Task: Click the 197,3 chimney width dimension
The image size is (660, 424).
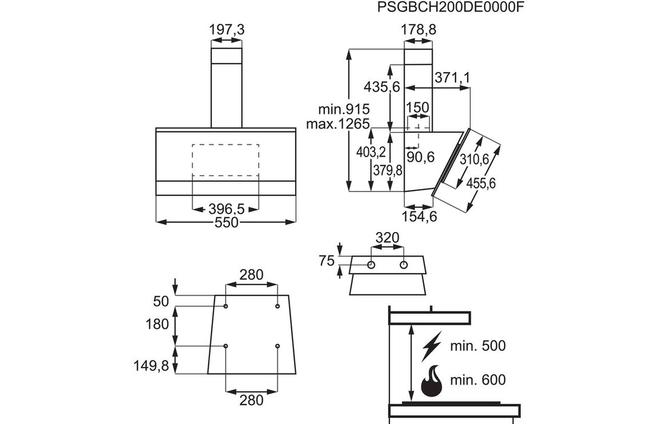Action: coord(226,28)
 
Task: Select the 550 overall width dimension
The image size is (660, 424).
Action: coord(226,223)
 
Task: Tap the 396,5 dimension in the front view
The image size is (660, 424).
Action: coord(226,210)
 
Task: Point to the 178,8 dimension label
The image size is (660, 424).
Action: coord(419,28)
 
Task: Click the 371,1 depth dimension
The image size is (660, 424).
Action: coord(452,78)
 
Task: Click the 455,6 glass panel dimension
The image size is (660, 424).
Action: coord(482,182)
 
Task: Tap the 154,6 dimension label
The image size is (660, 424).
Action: coord(420,216)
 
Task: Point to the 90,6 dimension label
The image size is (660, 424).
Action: coord(420,157)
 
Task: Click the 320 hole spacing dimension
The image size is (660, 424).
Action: coord(387,238)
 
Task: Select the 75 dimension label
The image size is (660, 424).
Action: coord(327,261)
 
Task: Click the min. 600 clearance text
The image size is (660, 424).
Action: coord(477,380)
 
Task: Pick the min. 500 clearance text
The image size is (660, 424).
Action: coord(477,346)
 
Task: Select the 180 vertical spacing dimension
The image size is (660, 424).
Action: coord(157,324)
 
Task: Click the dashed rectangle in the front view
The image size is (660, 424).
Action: coord(226,160)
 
